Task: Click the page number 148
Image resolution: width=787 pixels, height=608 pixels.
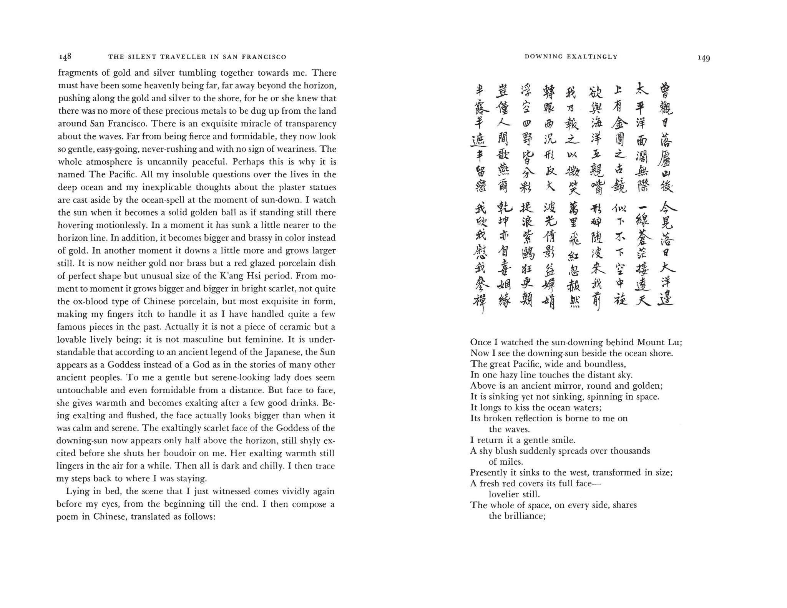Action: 65,57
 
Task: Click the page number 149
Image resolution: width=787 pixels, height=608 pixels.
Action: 704,58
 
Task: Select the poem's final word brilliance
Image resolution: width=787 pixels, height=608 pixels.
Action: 525,516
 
